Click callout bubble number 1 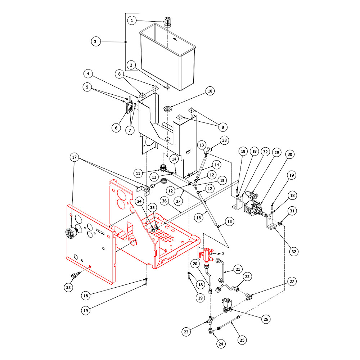132,21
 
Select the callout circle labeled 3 95,42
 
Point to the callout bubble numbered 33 68,287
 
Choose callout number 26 266,319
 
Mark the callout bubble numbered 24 221,344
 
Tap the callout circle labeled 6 116,127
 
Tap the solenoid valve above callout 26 227,305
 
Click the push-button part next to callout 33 75,276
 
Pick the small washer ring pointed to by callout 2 168,87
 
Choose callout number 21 238,269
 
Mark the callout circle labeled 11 139,173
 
